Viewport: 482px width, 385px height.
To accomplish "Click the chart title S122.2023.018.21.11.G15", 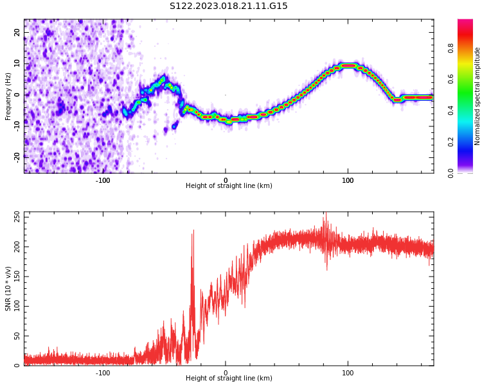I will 229,6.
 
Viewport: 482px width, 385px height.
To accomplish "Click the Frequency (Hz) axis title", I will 8,96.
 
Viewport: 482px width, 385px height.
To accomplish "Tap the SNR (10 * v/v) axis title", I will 8,289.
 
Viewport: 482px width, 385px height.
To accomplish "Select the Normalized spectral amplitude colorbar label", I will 478,96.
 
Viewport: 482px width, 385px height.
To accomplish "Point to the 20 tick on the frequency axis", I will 18,32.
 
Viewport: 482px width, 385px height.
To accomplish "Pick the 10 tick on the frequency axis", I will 18,63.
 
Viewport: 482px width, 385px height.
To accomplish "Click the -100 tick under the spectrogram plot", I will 103,180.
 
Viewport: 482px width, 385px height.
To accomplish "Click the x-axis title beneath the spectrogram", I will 229,186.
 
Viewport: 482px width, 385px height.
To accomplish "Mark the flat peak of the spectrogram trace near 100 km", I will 348,65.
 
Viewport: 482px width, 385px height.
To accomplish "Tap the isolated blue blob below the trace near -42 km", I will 174,126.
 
